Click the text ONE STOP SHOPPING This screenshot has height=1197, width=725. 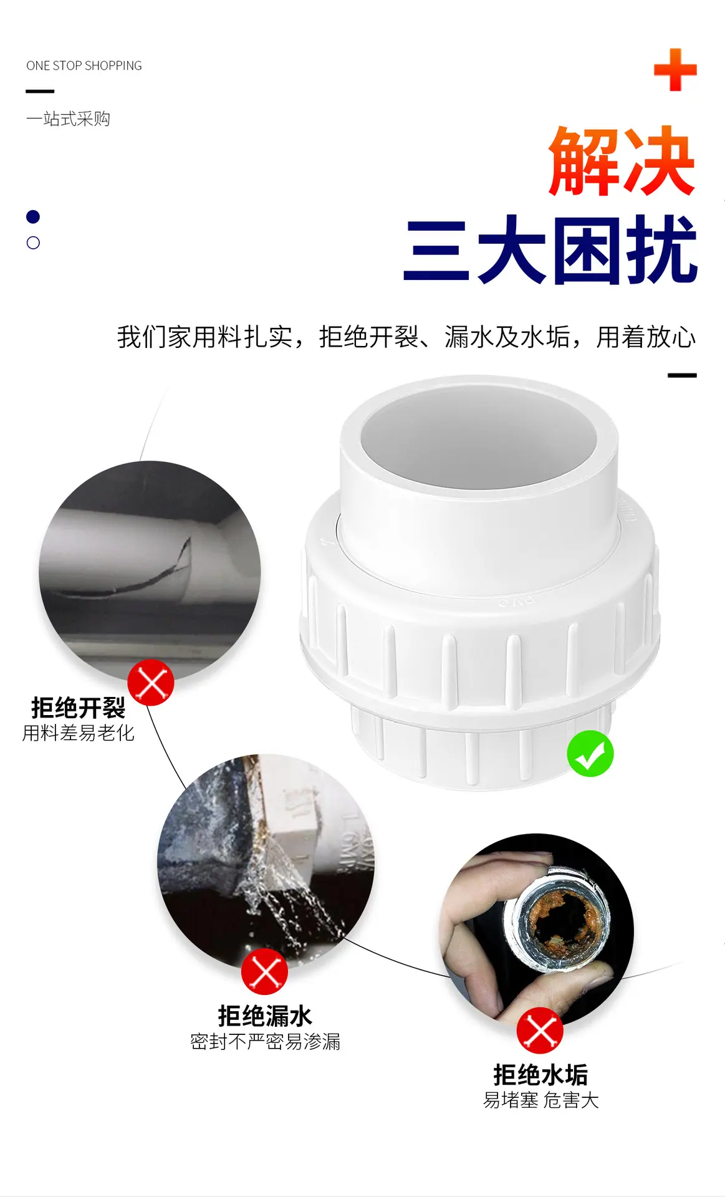(x=84, y=65)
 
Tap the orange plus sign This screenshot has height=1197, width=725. (x=675, y=69)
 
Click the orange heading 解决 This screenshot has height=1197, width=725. (x=622, y=161)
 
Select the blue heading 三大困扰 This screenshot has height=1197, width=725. (x=550, y=249)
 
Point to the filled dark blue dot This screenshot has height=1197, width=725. (x=33, y=216)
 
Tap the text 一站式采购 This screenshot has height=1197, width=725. (x=68, y=118)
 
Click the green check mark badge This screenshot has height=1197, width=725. (x=590, y=753)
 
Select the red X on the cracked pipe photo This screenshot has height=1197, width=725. (x=151, y=683)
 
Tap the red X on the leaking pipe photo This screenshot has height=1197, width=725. (x=265, y=971)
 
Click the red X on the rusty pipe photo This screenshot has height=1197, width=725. (x=540, y=1031)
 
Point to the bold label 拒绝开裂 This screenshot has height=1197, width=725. (x=79, y=708)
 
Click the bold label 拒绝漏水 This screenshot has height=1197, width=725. (x=265, y=1016)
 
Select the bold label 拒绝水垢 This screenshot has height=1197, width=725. (x=540, y=1075)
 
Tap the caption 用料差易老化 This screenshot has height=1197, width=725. (x=79, y=733)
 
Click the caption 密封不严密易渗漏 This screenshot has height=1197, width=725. (x=266, y=1041)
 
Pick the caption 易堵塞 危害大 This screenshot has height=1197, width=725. (x=541, y=1100)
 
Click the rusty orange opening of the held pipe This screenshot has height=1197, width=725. (x=565, y=920)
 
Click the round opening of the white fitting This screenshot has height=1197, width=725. (x=478, y=439)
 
